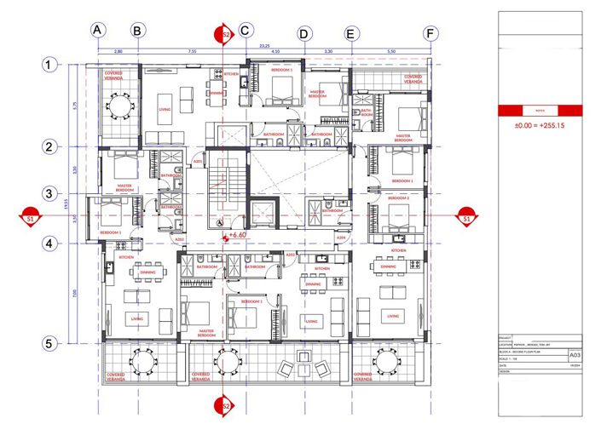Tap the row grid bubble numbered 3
[x=51, y=195]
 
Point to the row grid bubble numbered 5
[x=51, y=344]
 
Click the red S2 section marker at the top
[x=225, y=34]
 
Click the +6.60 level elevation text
[x=237, y=234]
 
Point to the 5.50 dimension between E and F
[x=391, y=52]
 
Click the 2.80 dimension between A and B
[x=118, y=52]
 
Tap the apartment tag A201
[x=197, y=161]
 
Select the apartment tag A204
[x=342, y=238]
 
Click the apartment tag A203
[x=290, y=254]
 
